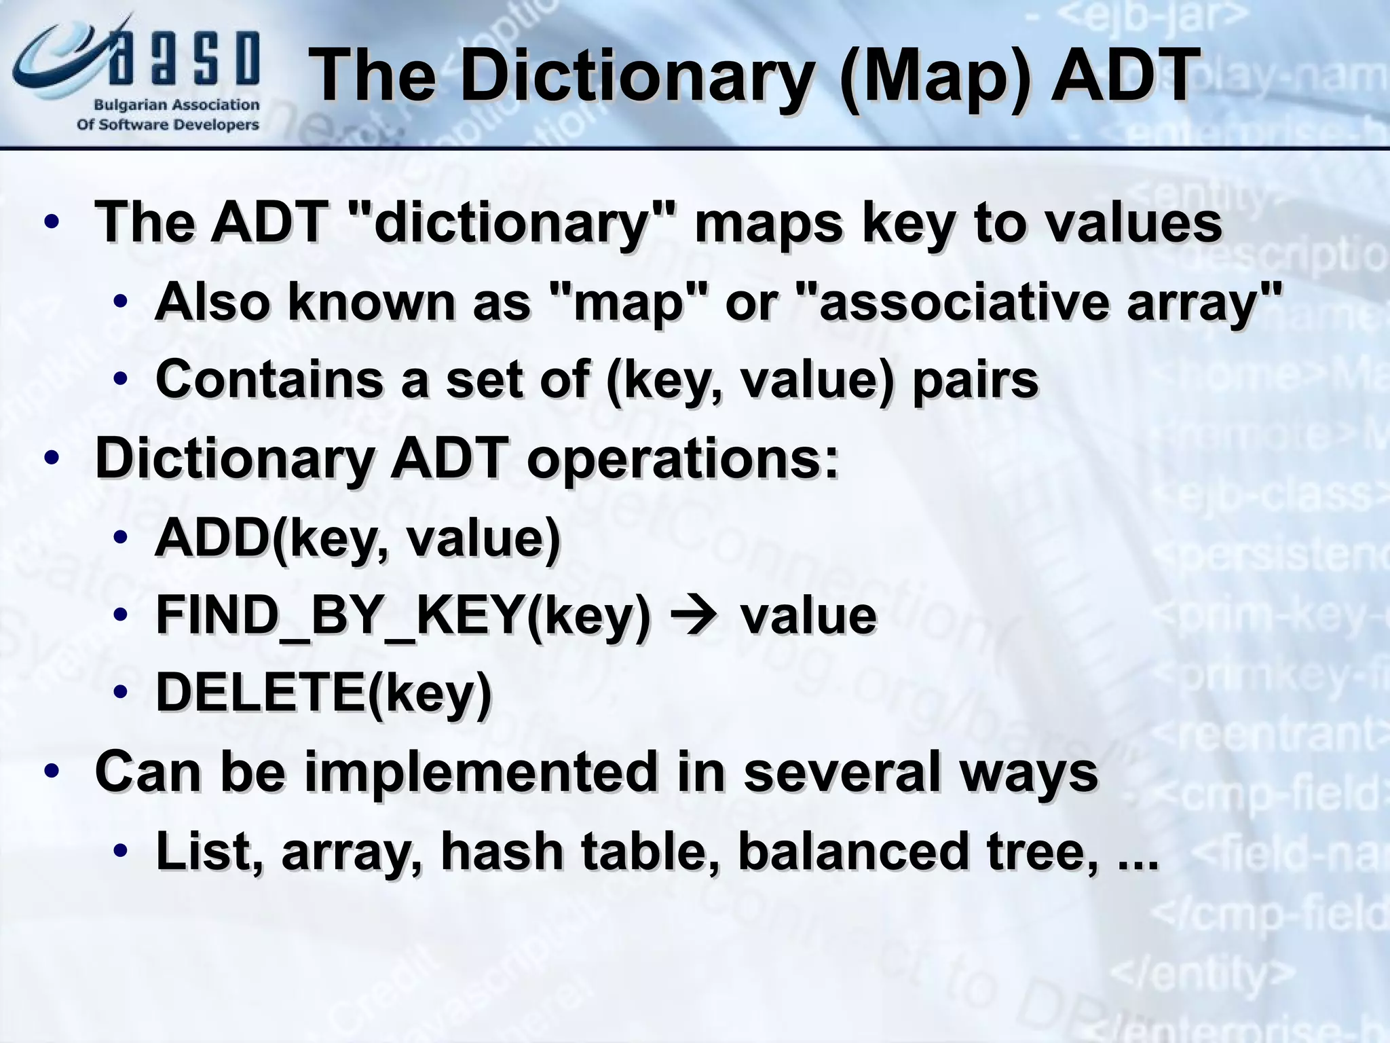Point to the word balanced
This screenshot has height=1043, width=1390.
(x=852, y=850)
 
